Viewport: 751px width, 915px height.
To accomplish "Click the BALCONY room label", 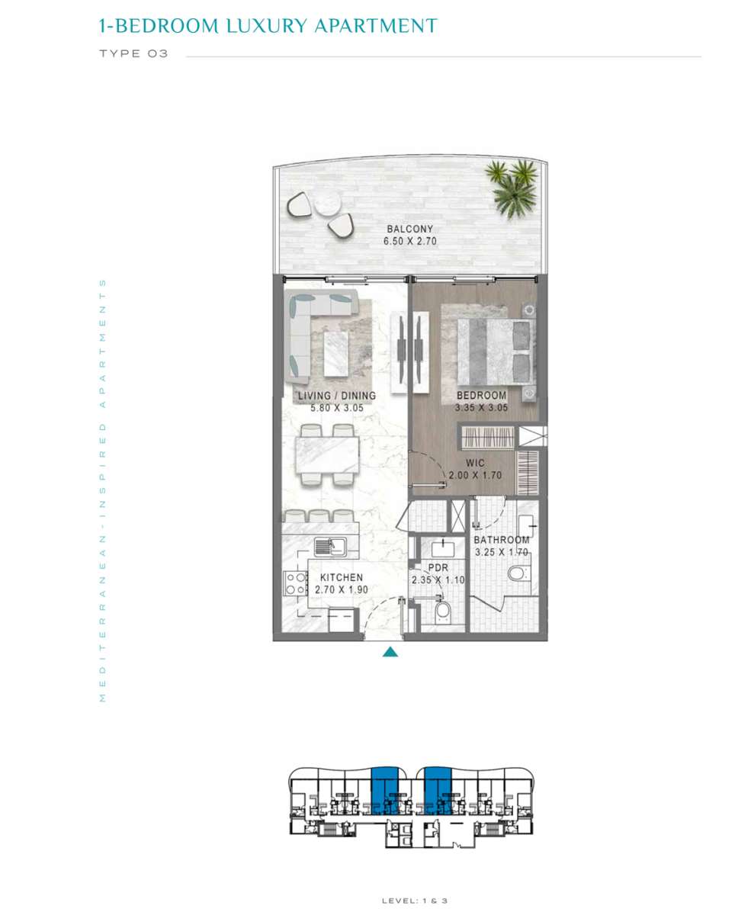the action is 409,229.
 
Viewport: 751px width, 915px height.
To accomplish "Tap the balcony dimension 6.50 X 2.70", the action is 409,241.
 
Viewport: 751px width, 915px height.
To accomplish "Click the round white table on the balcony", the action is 327,202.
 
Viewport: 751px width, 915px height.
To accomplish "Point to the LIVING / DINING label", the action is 337,395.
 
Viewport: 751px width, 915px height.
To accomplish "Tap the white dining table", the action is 327,454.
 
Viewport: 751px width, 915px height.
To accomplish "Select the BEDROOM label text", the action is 482,395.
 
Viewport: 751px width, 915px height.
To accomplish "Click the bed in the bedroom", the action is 495,352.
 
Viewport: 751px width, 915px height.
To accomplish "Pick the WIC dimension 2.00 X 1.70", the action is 475,475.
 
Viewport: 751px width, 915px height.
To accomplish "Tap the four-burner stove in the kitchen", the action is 295,583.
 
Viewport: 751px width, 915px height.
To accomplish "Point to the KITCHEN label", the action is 342,577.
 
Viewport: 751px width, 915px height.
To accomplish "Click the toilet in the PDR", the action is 442,612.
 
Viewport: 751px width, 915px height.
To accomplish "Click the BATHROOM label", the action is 501,540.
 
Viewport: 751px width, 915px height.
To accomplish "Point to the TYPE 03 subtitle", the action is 133,54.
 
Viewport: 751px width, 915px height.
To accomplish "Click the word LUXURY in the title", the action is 267,26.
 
